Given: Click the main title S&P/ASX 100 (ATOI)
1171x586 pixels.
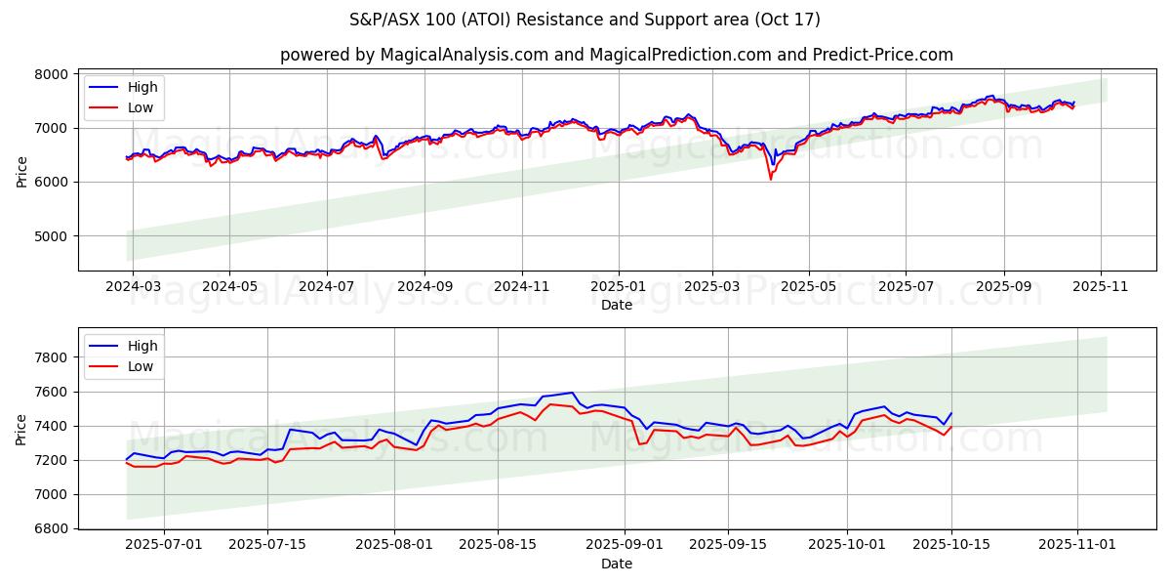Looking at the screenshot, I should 585,20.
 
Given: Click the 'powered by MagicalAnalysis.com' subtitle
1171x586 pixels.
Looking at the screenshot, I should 616,55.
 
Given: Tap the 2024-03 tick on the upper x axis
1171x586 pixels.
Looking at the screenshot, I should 133,287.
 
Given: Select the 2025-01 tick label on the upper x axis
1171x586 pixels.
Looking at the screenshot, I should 618,287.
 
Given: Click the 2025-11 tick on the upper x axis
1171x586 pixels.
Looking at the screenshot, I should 1101,287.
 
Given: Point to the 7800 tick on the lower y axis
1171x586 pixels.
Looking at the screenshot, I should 53,357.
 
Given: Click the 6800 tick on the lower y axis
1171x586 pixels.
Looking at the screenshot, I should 53,529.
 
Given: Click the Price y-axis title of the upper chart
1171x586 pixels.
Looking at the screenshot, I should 21,172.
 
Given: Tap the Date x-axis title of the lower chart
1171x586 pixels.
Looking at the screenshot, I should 616,564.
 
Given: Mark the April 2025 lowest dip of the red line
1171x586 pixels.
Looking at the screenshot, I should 770,179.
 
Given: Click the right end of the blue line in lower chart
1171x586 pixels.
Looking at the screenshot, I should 951,412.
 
